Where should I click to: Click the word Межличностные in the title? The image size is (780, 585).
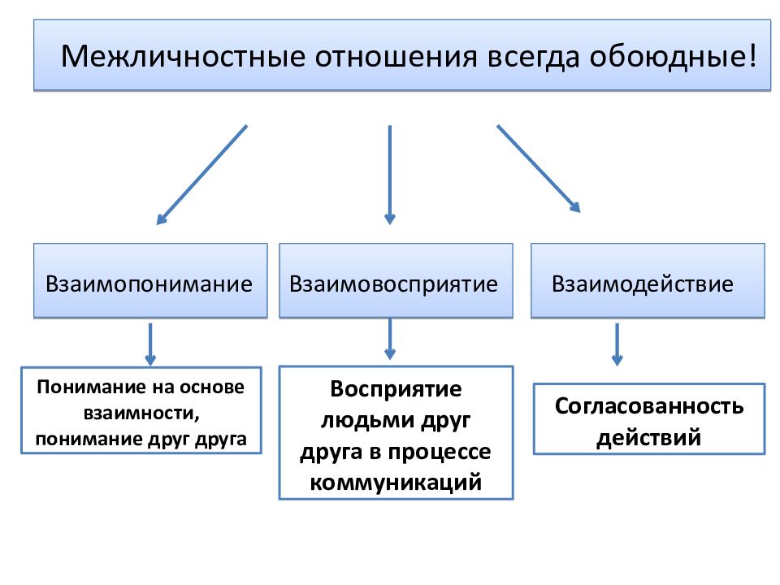(x=183, y=56)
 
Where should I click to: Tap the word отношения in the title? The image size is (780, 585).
(x=396, y=57)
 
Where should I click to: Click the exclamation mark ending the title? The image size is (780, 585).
(x=751, y=56)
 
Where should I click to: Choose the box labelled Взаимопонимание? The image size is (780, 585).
(x=150, y=280)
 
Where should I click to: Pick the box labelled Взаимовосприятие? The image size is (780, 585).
(x=396, y=280)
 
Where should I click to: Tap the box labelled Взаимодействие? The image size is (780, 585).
(x=648, y=280)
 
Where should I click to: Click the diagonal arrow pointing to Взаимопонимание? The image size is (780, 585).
(x=201, y=175)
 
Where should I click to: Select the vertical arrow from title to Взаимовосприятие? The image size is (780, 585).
(x=390, y=175)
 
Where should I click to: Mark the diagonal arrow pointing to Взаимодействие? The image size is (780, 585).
(x=539, y=169)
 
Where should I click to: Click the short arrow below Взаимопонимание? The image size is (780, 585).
(x=150, y=344)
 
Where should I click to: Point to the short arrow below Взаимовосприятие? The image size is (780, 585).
(x=390, y=339)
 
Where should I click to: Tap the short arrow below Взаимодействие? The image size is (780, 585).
(x=617, y=344)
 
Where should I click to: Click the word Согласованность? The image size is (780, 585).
(x=649, y=406)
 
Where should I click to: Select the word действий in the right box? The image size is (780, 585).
(x=648, y=438)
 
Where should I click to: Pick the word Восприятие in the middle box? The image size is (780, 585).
(x=396, y=389)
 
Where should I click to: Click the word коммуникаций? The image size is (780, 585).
(x=396, y=482)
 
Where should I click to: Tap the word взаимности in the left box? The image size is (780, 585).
(x=141, y=414)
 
